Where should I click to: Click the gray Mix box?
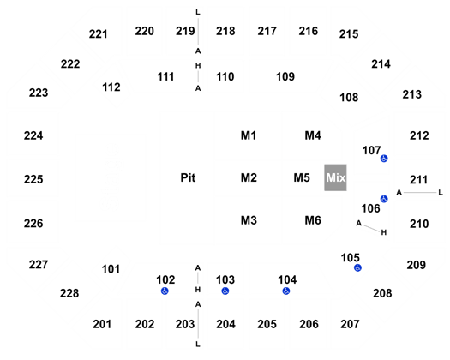[x=335, y=177]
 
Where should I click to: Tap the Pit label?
[x=188, y=177]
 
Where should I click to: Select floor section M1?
[x=249, y=135]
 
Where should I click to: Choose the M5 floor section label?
[x=302, y=177]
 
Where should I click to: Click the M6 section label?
[x=313, y=220]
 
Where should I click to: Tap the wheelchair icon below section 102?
[x=165, y=291]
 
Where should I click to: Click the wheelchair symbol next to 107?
[x=384, y=159]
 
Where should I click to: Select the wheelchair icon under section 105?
[x=357, y=267]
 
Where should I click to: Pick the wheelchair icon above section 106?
[x=384, y=199]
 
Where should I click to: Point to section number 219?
[x=185, y=31]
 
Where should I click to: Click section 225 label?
[x=33, y=179]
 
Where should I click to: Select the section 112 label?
[x=111, y=87]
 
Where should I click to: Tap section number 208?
[x=382, y=293]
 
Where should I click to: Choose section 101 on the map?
[x=111, y=269]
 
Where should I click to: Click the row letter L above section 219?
[x=198, y=12]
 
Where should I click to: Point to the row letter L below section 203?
[x=198, y=344]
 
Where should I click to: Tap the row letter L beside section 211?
[x=441, y=193]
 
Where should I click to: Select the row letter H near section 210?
[x=384, y=232]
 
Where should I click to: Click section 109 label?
[x=285, y=76]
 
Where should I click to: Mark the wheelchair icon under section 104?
[x=286, y=291]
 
